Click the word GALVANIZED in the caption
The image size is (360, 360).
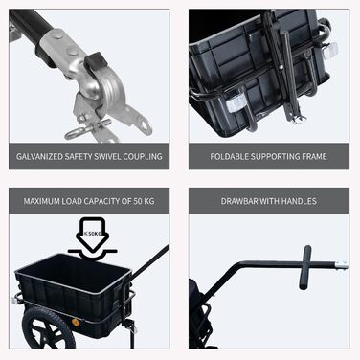pyautogui.click(x=39, y=156)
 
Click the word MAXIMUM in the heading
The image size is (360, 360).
pyautogui.click(x=41, y=201)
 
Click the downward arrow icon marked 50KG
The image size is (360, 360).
pyautogui.click(x=92, y=234)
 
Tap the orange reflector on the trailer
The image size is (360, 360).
pyautogui.click(x=76, y=322)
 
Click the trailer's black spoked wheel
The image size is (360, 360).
pyautogui.click(x=48, y=328)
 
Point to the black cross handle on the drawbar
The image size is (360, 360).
pyautogui.click(x=305, y=267)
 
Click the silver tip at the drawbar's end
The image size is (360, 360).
pyautogui.click(x=342, y=264)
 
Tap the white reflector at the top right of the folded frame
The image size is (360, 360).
pyautogui.click(x=331, y=48)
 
